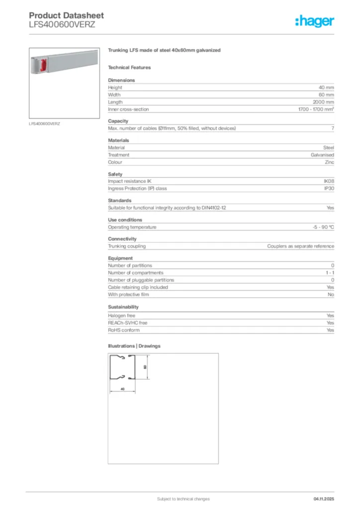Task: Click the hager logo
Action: coord(314,21)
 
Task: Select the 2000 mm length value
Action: coord(323,102)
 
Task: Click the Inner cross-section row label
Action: coord(128,109)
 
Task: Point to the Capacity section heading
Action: coord(118,121)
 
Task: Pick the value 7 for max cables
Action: coord(332,129)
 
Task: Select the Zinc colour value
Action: coord(328,162)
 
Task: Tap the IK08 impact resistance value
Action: coord(329,181)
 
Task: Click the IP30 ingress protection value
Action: coord(329,188)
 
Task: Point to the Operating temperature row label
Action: coord(132,227)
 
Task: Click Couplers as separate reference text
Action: coord(300,247)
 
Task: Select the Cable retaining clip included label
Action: coord(138,287)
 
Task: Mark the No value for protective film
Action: coord(331,294)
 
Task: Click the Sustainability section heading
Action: coord(123,307)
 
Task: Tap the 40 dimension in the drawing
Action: coord(122,388)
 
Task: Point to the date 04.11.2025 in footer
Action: coord(324,499)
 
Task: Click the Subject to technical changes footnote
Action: coord(183,499)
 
